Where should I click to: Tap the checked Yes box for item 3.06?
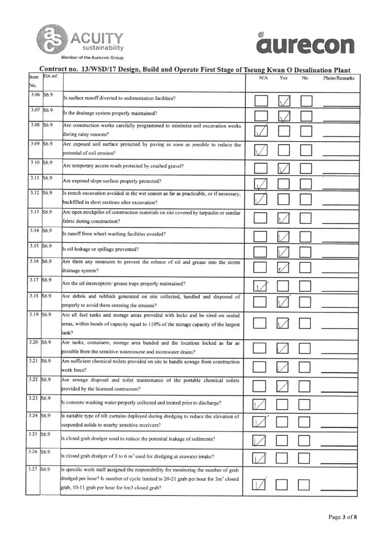pyautogui.click(x=284, y=101)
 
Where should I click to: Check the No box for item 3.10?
pyautogui.click(x=306, y=169)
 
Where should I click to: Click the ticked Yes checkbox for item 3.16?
pyautogui.click(x=284, y=267)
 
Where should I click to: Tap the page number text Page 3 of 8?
pyautogui.click(x=343, y=517)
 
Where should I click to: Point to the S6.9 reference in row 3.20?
pyautogui.click(x=48, y=342)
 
